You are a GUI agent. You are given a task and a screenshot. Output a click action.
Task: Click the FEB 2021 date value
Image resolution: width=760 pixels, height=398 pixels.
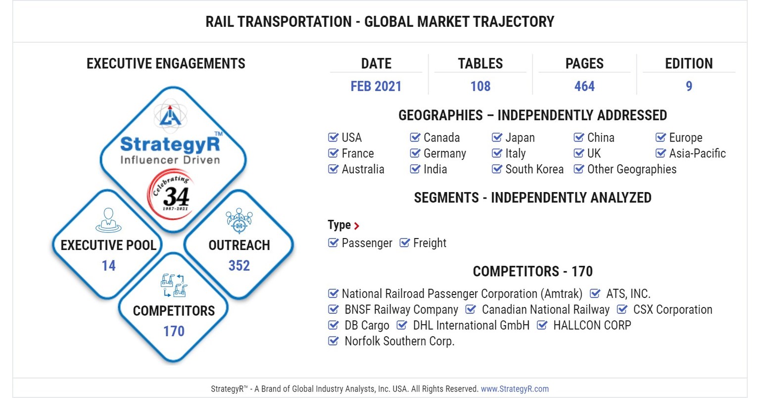376,86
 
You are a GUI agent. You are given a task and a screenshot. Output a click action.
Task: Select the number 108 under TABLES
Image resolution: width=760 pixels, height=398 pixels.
480,86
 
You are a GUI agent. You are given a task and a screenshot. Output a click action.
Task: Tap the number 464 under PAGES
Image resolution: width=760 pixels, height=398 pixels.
584,86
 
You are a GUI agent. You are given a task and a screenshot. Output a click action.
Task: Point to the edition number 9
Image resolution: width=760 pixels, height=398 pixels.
689,86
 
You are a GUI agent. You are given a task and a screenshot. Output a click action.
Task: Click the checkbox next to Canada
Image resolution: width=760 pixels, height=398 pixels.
415,137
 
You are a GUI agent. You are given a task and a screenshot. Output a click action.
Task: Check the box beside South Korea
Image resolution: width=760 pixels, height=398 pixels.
497,169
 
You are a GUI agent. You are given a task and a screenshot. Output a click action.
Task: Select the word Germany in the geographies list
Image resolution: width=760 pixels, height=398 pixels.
444,153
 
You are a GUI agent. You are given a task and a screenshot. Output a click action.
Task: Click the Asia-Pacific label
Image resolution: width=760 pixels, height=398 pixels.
697,153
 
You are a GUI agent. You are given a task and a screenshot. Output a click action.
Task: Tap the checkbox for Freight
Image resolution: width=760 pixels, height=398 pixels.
405,243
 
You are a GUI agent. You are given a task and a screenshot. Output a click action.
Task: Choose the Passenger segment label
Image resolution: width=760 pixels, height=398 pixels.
367,243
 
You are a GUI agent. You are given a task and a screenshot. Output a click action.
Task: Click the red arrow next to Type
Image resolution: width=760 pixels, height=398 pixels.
357,226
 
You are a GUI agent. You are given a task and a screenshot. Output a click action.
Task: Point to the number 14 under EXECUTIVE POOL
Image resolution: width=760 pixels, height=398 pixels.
108,266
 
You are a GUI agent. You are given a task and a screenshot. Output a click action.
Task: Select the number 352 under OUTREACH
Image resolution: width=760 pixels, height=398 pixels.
239,266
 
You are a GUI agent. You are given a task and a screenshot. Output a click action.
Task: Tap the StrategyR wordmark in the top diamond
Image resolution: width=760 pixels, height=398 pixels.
170,144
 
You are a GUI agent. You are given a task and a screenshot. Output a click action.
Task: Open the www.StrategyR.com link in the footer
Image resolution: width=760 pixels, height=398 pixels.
515,389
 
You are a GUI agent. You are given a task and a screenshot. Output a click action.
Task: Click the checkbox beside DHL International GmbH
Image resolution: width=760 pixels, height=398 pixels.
402,325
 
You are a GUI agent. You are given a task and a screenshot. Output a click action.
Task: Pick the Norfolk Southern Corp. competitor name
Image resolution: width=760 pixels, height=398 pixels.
399,341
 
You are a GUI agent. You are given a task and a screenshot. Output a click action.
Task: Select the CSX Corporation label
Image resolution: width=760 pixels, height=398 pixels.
672,309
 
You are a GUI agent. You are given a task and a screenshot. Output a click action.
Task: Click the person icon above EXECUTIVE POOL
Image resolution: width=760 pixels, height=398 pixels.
108,220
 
